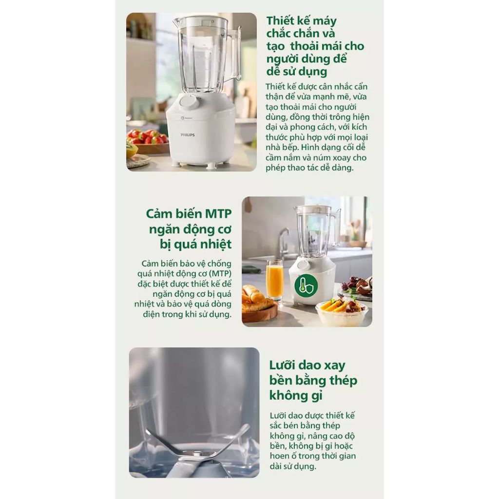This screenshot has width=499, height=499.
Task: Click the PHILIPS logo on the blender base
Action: coord(188,135)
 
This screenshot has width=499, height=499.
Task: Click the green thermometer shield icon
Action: coord(306,285)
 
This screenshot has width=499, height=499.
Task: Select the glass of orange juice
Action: coord(274,280)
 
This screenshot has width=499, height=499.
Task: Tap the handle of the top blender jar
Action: coord(235,54)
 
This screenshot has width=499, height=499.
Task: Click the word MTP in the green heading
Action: coord(218,213)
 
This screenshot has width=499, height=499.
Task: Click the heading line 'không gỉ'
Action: coord(296,395)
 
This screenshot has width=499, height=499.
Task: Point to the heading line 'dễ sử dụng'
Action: coord(297,72)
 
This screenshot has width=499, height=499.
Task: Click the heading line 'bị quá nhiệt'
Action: coord(196,244)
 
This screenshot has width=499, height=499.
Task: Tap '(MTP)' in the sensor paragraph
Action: coord(220,274)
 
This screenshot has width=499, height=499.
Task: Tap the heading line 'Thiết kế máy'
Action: coord(301,20)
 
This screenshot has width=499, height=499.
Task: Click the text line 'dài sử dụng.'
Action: coord(293,466)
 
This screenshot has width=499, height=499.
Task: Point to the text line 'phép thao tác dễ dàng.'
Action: coord(309,168)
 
